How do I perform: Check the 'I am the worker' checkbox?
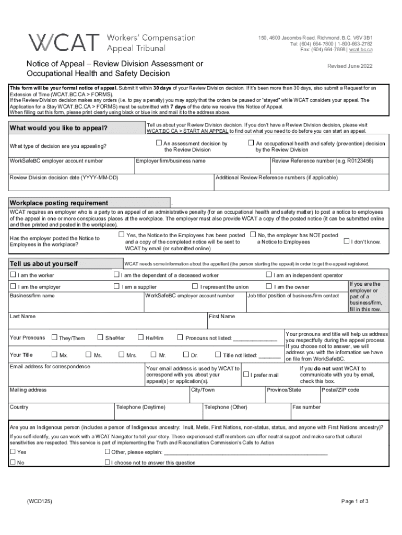(14, 275)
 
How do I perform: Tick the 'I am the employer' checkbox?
(14, 287)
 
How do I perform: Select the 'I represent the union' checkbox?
(195, 286)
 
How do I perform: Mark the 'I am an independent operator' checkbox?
(269, 275)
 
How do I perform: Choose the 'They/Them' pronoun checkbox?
(54, 338)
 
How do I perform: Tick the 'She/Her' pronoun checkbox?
(101, 338)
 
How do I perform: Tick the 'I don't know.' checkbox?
(346, 241)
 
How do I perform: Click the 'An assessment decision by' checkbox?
(159, 143)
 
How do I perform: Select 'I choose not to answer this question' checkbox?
(107, 462)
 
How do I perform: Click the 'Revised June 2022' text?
(349, 67)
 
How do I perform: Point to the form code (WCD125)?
(40, 501)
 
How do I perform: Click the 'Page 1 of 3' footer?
(355, 501)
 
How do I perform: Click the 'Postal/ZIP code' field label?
(340, 390)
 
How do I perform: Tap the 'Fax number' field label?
(306, 407)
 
